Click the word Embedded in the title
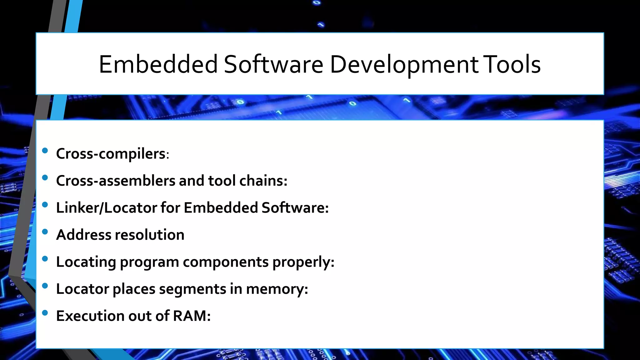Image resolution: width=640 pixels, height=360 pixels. coord(158,64)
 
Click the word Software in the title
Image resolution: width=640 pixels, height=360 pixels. coord(273,64)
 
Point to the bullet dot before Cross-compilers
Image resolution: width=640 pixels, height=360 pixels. coord(45,151)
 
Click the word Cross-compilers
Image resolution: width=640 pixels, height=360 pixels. coord(111,154)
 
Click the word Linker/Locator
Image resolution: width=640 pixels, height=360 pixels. coord(107,208)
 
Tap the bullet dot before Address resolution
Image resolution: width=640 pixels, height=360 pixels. coord(45,232)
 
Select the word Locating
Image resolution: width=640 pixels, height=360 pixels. coord(86,262)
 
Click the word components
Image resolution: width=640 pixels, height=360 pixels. coord(226,262)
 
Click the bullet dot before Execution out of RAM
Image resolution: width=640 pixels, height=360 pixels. coord(45,312)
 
